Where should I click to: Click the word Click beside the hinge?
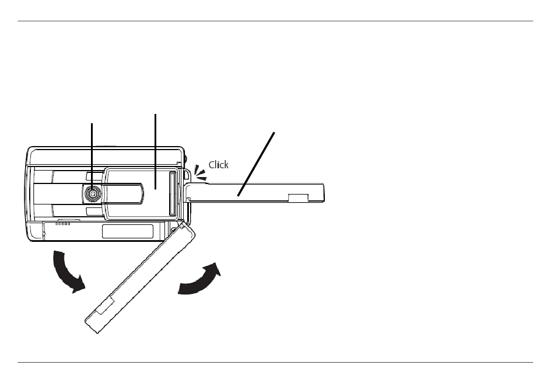(x=219, y=165)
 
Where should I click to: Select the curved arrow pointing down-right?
(x=68, y=271)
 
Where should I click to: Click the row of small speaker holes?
(x=63, y=223)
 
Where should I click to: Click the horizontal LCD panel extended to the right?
(x=257, y=193)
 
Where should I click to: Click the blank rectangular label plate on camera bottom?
(x=127, y=231)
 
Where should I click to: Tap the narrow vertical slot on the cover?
(x=171, y=195)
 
